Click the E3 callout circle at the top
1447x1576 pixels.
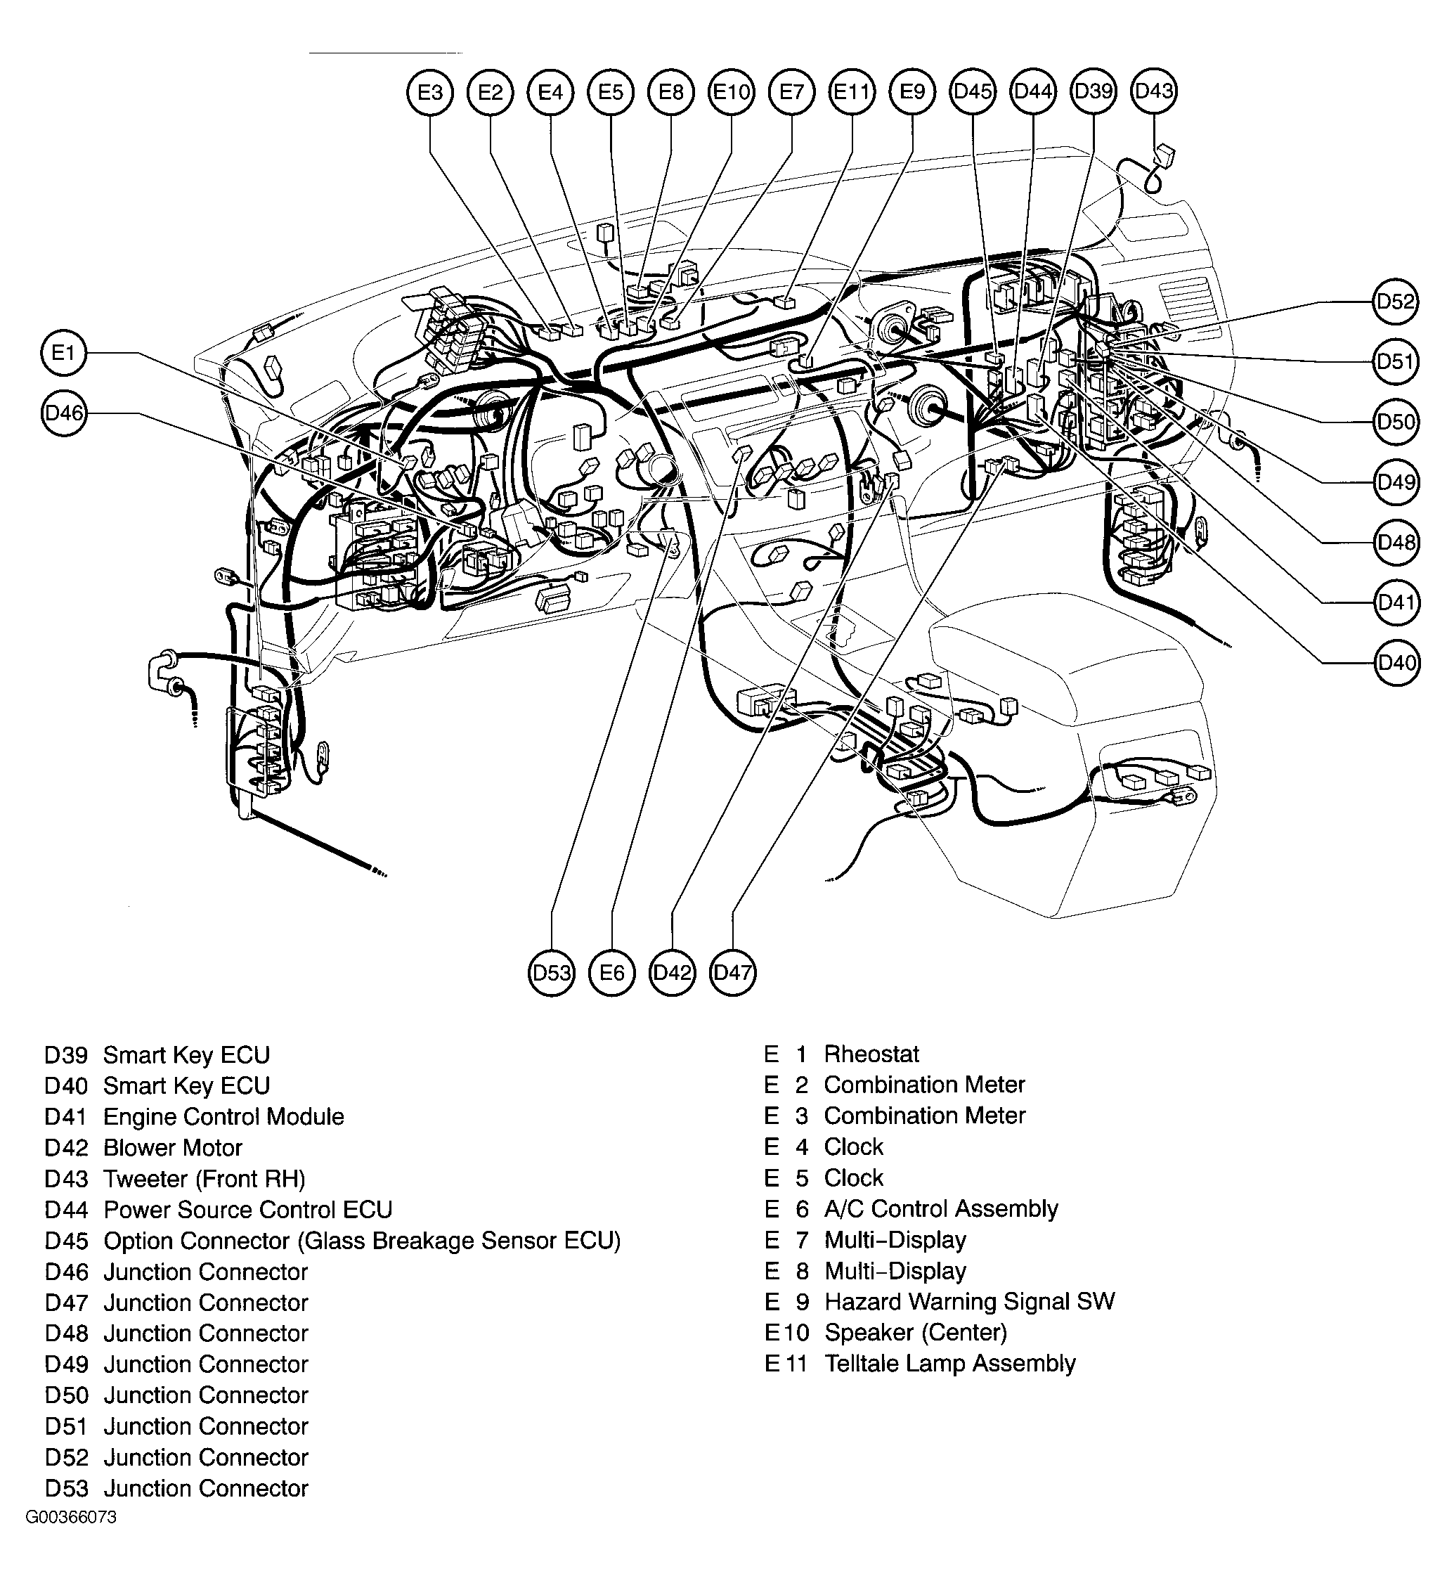coord(430,92)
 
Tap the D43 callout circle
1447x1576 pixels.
coord(1154,91)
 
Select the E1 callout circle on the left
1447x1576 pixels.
coord(63,354)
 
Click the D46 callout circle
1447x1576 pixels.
coord(63,413)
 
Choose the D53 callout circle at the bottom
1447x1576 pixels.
coord(551,973)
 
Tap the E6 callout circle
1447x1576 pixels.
coord(611,973)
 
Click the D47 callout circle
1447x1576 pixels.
coord(733,973)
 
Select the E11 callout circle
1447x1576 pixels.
coord(852,92)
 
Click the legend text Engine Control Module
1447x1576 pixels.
coord(223,1117)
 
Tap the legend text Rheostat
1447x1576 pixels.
coord(871,1054)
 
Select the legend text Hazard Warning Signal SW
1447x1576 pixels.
coord(968,1302)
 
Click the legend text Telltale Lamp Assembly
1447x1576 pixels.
coord(949,1364)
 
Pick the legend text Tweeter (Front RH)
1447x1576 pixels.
coord(204,1179)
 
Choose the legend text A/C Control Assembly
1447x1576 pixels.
coord(940,1208)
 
